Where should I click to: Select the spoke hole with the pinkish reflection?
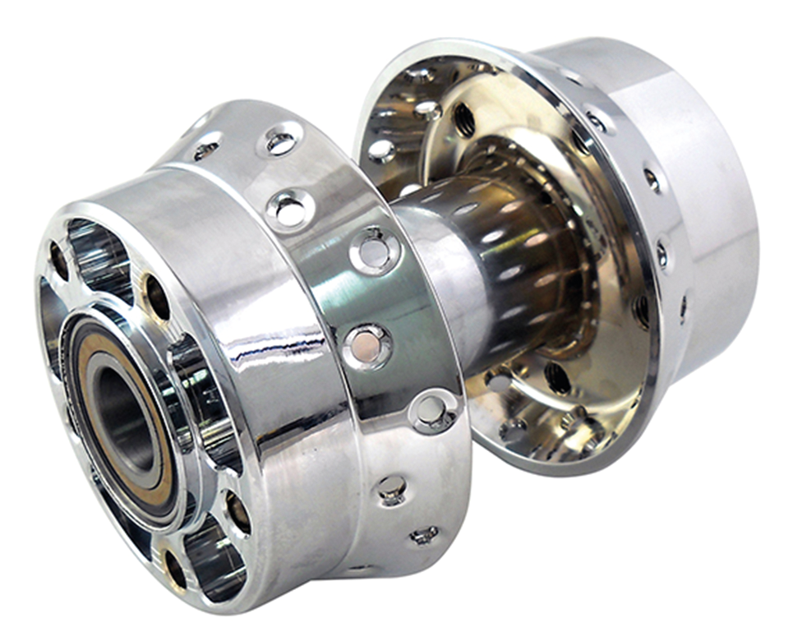coord(365,344)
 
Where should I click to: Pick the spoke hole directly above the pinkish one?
coord(375,250)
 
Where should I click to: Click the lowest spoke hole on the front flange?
coord(424,536)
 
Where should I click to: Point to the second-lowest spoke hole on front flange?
coord(393,490)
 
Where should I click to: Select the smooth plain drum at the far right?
coord(707,205)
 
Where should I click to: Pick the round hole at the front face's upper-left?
coord(58,261)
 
